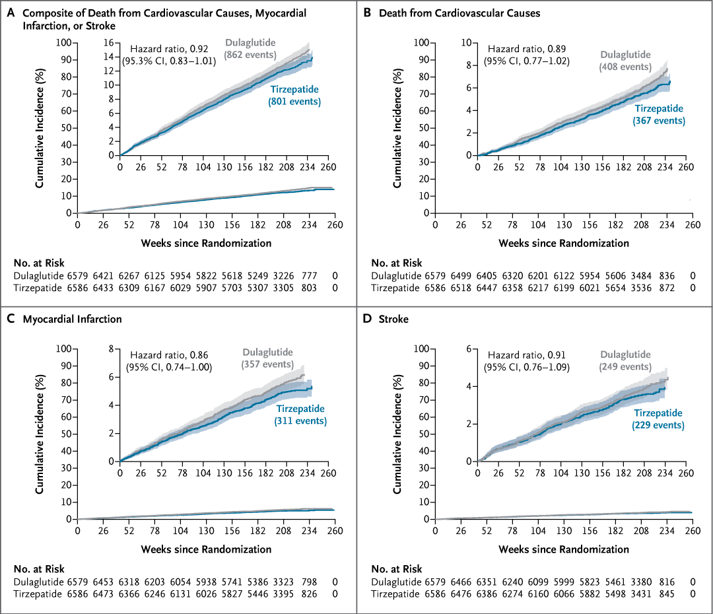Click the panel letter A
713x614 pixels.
point(11,13)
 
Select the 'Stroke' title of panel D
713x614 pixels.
point(393,320)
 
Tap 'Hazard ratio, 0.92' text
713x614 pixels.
point(169,49)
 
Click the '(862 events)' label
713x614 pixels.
point(250,55)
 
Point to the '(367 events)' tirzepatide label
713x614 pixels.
point(659,121)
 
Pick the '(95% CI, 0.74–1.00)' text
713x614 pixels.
point(169,367)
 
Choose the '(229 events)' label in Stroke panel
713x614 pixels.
point(658,425)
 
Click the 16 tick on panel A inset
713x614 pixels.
point(109,43)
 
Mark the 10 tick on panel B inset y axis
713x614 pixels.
point(466,43)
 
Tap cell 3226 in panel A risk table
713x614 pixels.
point(283,276)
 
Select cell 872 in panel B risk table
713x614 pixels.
point(667,288)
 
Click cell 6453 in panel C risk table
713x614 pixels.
point(103,582)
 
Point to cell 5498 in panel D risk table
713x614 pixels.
point(615,594)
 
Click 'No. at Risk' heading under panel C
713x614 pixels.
point(39,569)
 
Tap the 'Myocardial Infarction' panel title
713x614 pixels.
point(73,320)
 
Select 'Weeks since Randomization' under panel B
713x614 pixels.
point(564,244)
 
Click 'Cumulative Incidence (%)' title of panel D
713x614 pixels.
point(397,434)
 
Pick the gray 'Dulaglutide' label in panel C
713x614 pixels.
point(268,353)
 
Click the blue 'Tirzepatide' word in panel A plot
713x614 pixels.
point(294,90)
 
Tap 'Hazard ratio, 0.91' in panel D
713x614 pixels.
point(527,355)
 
